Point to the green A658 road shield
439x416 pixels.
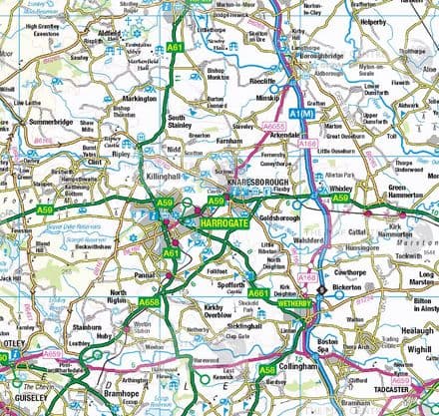click(x=148, y=302)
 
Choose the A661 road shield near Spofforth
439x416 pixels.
click(x=257, y=293)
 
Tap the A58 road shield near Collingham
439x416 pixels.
click(x=266, y=370)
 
